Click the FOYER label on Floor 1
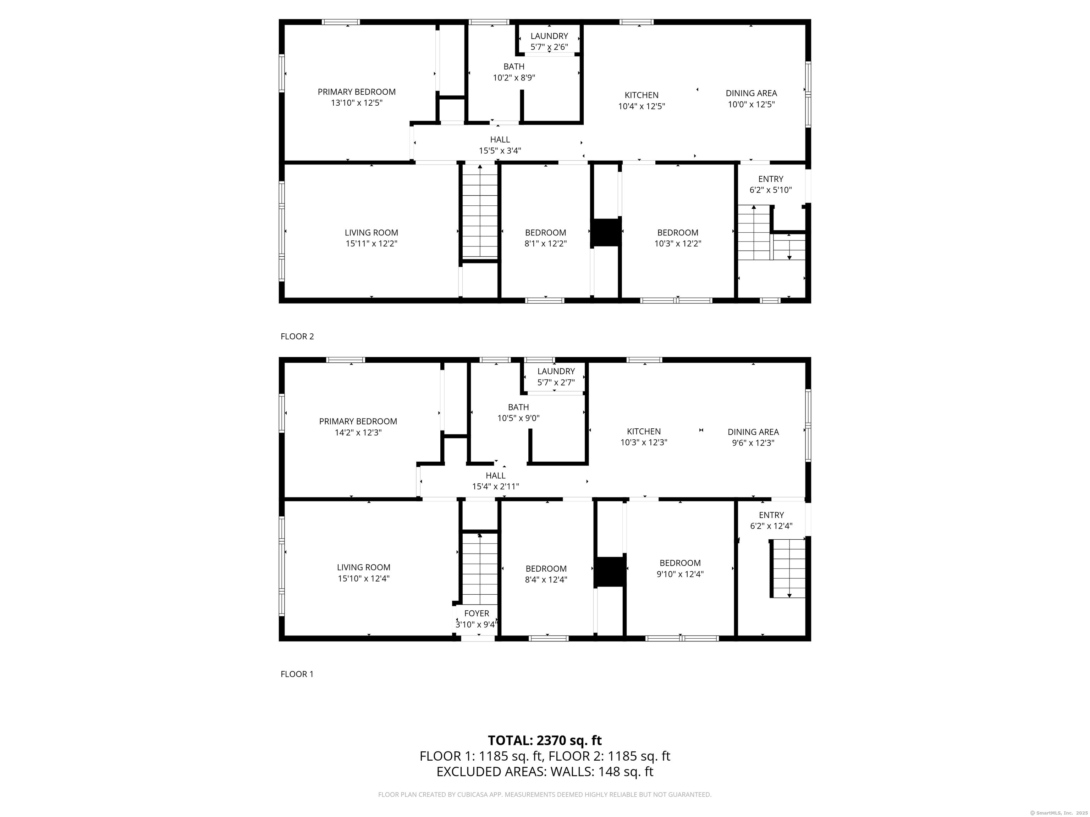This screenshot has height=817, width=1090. tap(477, 613)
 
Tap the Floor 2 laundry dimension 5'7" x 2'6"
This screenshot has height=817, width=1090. tap(549, 47)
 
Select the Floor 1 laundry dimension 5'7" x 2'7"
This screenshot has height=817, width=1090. tap(556, 382)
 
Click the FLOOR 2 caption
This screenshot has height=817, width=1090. tap(297, 337)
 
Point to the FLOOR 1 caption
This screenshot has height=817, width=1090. tap(297, 674)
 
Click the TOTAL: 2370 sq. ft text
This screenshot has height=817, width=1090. tap(545, 740)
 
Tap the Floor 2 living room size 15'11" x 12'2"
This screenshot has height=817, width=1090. tap(371, 243)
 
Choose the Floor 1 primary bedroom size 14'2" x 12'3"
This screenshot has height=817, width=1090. tap(358, 432)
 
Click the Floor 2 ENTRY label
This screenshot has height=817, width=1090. tap(771, 179)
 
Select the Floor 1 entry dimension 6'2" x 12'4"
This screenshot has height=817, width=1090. tap(771, 526)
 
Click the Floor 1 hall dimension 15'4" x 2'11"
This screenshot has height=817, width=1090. tap(495, 487)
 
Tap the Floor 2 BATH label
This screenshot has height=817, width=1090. tap(514, 66)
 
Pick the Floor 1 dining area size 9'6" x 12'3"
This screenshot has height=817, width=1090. tap(753, 443)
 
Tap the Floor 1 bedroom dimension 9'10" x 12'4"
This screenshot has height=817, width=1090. tap(680, 574)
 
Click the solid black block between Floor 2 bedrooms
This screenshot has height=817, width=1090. tap(606, 233)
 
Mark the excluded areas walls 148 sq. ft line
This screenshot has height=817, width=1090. tap(545, 772)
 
